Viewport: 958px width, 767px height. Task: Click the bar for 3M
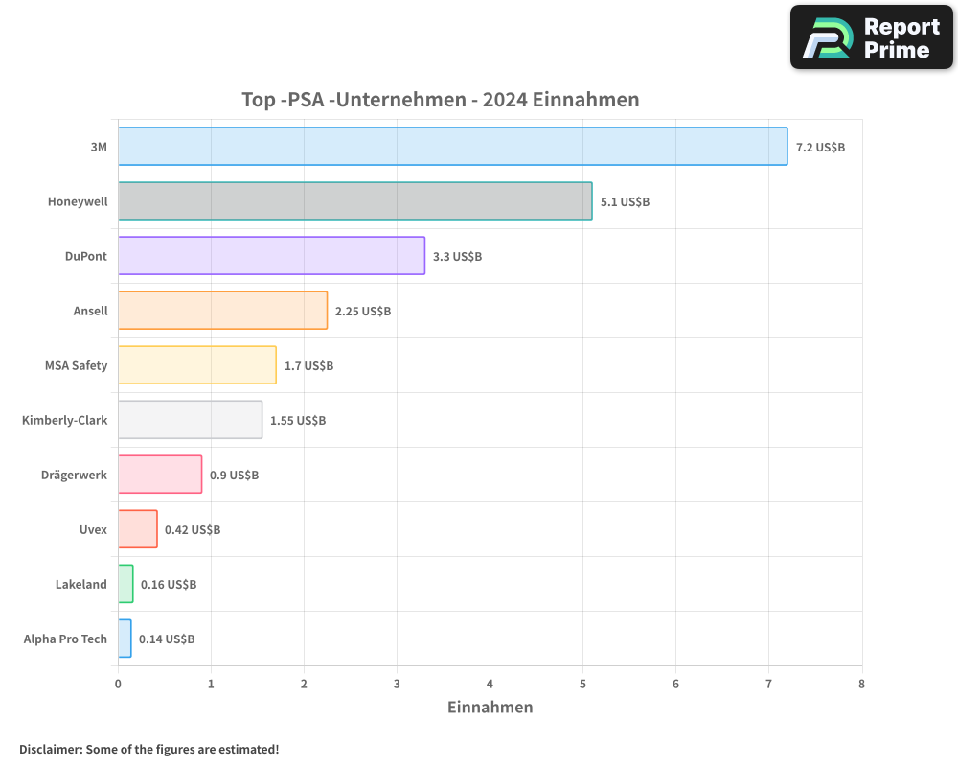[452, 147]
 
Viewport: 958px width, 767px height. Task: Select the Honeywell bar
[354, 201]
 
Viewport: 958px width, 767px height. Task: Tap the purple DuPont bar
[271, 256]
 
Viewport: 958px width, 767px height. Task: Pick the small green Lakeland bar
[125, 584]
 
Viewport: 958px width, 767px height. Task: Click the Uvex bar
[138, 529]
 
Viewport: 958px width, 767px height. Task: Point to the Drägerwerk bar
[160, 475]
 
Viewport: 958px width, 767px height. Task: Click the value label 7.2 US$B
[820, 148]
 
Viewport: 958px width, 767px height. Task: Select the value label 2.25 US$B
[363, 312]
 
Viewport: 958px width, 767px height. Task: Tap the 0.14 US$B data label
[167, 639]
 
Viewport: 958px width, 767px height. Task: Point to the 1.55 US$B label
[298, 421]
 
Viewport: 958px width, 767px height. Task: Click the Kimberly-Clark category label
[64, 420]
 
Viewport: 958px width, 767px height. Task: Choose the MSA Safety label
[76, 365]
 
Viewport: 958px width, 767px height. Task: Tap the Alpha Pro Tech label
[65, 639]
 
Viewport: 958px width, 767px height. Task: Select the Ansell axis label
[90, 311]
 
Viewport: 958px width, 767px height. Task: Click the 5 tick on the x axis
[582, 685]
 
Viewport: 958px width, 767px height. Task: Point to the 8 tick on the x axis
[861, 685]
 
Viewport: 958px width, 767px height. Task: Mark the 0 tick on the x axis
[118, 685]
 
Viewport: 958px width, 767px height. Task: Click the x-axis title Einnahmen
[490, 708]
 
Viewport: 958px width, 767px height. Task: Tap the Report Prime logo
[871, 37]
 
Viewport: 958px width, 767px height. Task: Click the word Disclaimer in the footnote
[50, 750]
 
